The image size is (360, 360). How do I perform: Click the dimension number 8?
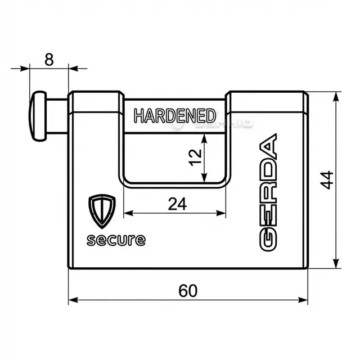49,60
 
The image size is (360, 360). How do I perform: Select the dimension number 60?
188,291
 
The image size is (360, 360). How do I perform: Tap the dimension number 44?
327,180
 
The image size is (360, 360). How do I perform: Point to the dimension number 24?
177,204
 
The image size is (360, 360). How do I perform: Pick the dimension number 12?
195,157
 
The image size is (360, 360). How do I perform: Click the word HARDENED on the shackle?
175,116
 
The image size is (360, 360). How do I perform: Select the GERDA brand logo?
268,192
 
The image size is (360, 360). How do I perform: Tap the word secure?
116,240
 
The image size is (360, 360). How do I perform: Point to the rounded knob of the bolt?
38,116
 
